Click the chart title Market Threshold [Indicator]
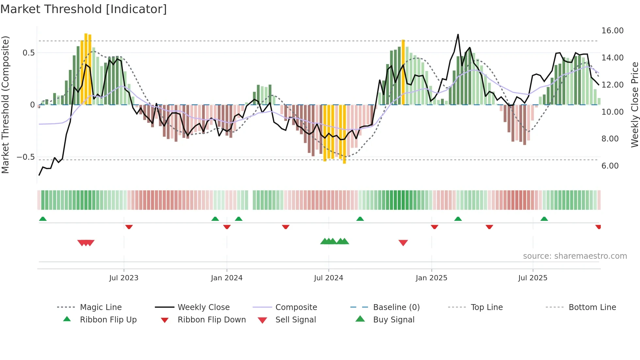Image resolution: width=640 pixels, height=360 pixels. (84, 9)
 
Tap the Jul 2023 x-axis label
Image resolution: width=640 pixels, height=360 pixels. (124, 278)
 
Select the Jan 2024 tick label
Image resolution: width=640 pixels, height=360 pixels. (227, 278)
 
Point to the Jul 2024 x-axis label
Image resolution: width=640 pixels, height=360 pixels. (328, 278)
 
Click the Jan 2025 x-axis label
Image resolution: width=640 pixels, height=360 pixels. (431, 278)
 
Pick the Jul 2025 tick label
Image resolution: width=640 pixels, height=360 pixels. (533, 278)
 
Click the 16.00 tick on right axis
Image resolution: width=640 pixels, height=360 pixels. (612, 31)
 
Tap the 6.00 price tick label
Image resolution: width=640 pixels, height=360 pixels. (610, 166)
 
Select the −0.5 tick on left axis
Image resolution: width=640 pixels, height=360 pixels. (26, 157)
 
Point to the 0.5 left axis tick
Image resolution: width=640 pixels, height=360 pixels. (28, 53)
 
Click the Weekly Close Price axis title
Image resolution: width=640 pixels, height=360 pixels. (634, 105)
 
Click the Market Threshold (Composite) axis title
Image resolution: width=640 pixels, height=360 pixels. (5, 105)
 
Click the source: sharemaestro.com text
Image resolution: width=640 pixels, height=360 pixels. (575, 256)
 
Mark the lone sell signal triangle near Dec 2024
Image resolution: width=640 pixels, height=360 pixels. (403, 243)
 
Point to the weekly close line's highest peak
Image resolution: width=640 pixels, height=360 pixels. (458, 35)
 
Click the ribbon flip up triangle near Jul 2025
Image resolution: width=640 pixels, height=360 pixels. (544, 219)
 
